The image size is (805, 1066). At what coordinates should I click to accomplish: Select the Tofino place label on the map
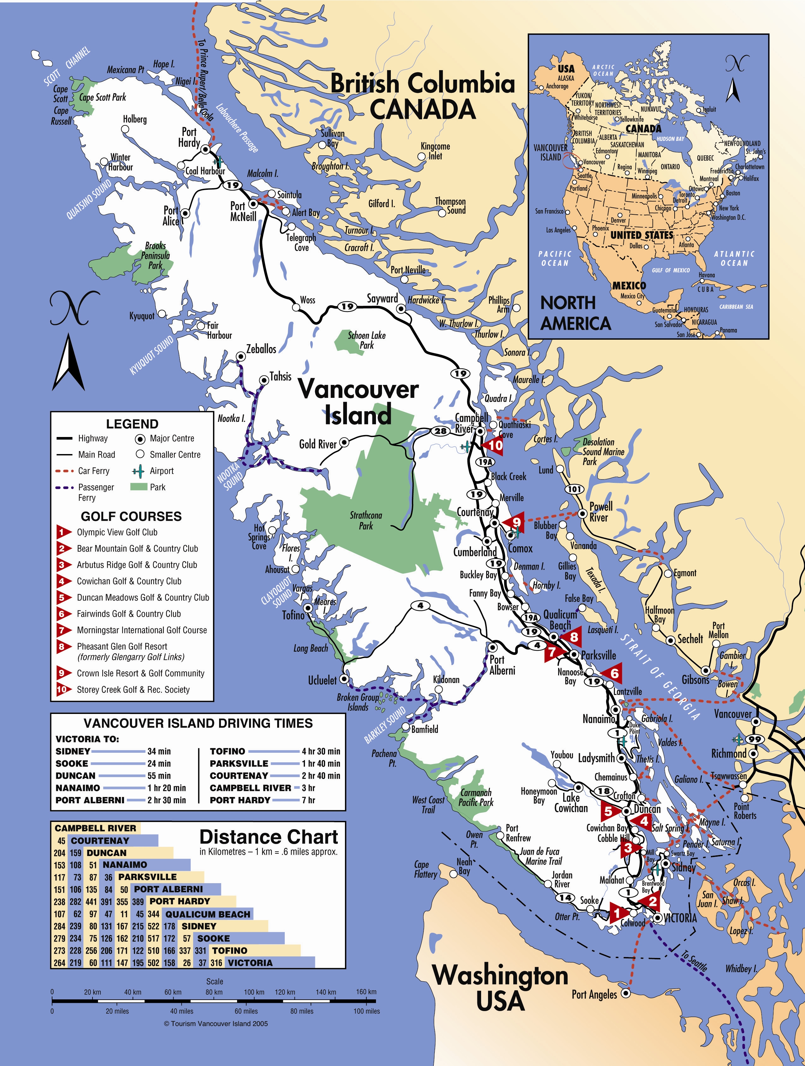click(x=293, y=615)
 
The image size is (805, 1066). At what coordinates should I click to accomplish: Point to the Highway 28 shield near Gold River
click(x=440, y=431)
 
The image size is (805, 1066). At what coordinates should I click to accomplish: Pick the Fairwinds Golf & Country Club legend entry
click(x=128, y=614)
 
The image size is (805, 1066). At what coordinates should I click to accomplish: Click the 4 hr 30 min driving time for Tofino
click(x=321, y=751)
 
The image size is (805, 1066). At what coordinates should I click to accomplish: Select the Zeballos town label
click(x=261, y=349)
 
